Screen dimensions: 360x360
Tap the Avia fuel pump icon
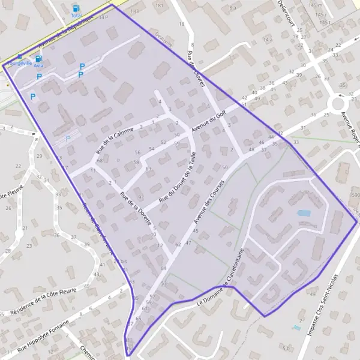click(x=39, y=58)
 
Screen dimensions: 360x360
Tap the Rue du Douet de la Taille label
click(x=178, y=176)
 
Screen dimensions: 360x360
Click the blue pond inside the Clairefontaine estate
click(x=304, y=213)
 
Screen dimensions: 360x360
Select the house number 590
click(x=355, y=195)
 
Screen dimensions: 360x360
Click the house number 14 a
click(x=267, y=40)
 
